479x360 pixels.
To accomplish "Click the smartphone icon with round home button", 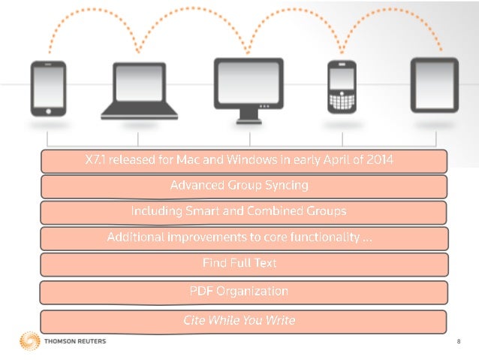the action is click(x=48, y=89).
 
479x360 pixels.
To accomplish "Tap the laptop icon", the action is click(x=140, y=91).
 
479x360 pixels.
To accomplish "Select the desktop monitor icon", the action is click(x=249, y=90).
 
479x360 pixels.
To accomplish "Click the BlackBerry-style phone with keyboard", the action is click(x=342, y=87).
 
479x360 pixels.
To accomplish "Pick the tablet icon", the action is click(x=435, y=85).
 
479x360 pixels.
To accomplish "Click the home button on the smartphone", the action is click(x=48, y=111).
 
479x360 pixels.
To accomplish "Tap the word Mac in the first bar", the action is click(x=188, y=159).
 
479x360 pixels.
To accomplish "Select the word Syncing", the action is click(x=287, y=186).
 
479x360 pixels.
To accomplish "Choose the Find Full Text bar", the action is click(x=245, y=265).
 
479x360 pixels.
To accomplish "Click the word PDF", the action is click(x=201, y=291).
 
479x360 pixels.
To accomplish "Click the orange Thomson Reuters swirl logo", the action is click(x=30, y=340).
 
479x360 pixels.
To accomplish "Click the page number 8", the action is click(x=459, y=341).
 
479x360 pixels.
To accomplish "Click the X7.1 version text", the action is click(x=95, y=159).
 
